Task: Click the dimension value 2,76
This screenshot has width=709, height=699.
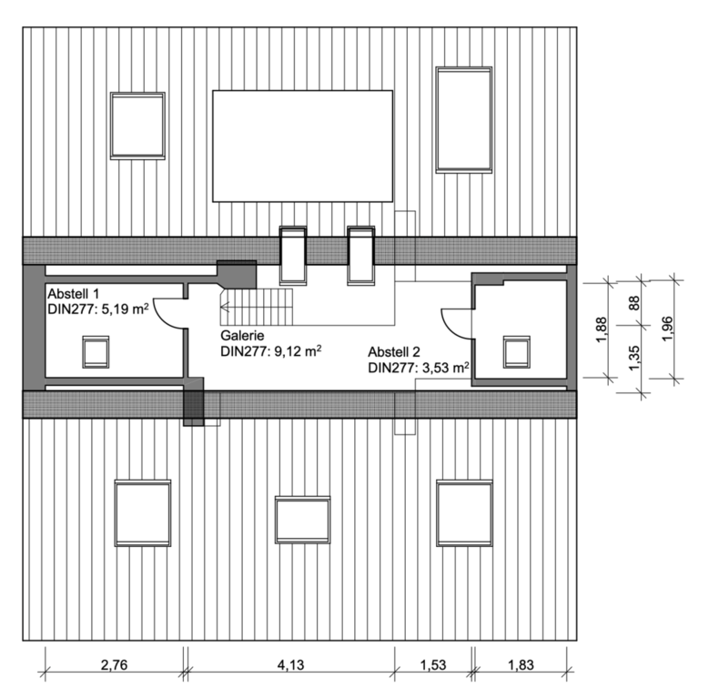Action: pos(114,664)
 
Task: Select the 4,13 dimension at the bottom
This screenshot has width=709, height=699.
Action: pos(290,664)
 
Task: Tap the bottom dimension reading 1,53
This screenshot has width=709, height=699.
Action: pos(432,664)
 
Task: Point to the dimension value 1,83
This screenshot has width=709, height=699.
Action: pos(521,664)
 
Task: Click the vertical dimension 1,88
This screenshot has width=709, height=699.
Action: pos(601,329)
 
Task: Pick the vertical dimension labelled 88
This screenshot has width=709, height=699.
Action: pos(634,302)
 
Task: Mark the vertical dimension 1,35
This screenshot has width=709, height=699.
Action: pos(634,358)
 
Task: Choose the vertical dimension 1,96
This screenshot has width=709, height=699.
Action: pos(667,329)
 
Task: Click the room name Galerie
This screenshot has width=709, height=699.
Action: pos(242,336)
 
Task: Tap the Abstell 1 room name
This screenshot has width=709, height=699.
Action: pos(73,293)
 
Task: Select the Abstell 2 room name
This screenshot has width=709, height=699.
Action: pos(394,351)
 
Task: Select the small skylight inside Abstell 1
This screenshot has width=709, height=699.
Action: pos(96,351)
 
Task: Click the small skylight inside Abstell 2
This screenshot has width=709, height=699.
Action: pos(517,351)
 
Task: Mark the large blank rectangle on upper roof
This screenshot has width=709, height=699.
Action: pos(302,146)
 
